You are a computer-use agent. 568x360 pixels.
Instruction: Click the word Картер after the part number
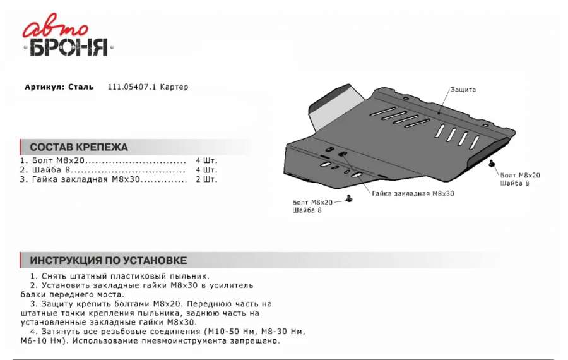(x=174, y=87)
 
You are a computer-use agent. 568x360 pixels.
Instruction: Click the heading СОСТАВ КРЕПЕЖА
(x=79, y=147)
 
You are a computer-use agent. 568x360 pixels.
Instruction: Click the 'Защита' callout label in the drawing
(x=463, y=90)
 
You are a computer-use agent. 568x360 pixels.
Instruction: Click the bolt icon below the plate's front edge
(x=348, y=199)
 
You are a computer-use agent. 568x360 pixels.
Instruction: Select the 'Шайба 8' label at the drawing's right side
(x=514, y=183)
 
